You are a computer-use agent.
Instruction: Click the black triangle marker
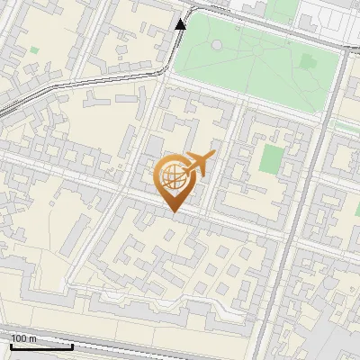(181, 23)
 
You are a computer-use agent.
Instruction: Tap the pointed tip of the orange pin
(173, 211)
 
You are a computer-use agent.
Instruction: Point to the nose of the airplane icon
(213, 154)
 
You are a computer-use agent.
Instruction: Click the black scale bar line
(40, 346)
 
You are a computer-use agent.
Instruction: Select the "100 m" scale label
(24, 338)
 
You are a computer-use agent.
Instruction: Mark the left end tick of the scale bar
(10, 344)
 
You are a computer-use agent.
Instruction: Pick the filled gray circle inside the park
(216, 45)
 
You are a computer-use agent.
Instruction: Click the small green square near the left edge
(34, 50)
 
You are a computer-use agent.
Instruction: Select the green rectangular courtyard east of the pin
(271, 158)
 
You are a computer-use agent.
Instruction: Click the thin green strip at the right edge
(346, 126)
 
